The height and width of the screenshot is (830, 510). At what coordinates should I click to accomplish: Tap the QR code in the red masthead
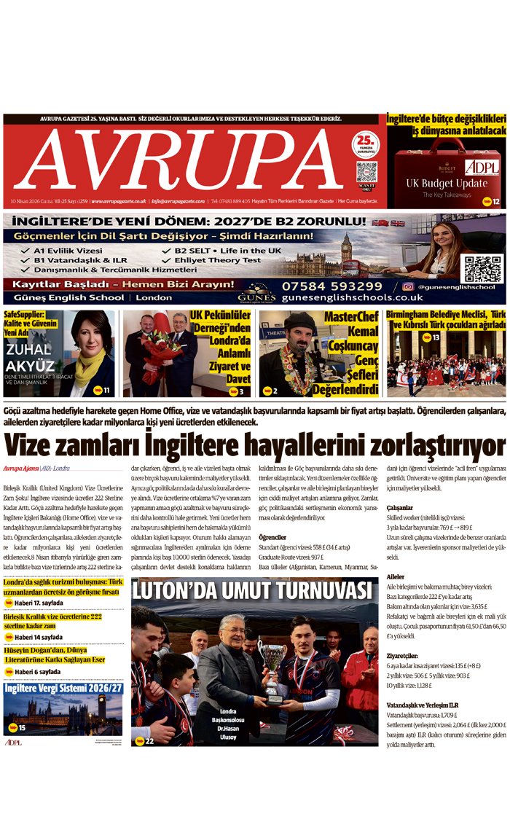click(366, 172)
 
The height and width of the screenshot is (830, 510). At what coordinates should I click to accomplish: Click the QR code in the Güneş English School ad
click(482, 269)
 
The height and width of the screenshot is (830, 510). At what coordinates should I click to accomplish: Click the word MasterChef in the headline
click(350, 316)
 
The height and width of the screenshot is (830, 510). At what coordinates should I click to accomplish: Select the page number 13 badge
click(434, 337)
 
